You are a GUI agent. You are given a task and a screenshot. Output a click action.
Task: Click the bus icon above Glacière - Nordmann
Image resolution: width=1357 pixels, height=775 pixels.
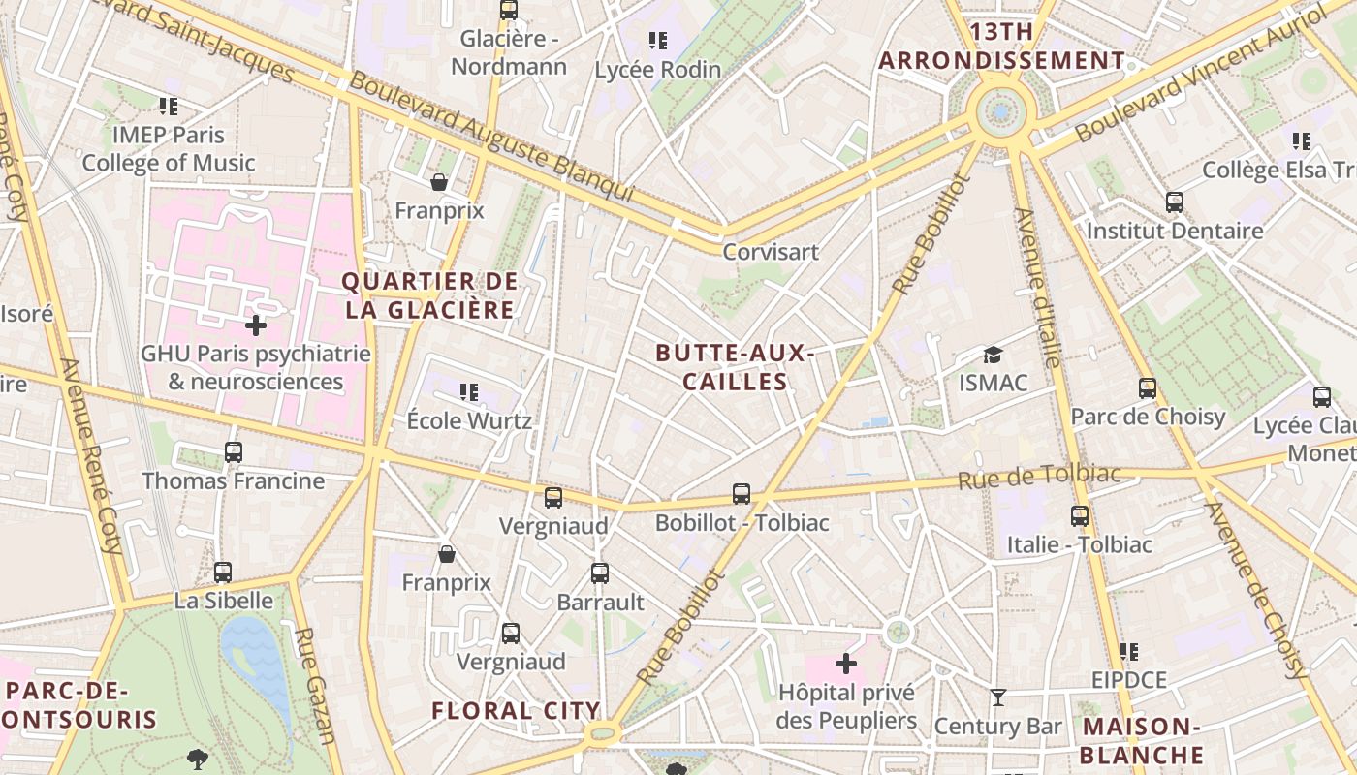(x=509, y=11)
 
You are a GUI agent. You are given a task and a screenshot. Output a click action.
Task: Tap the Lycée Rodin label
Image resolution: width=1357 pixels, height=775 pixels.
(x=657, y=70)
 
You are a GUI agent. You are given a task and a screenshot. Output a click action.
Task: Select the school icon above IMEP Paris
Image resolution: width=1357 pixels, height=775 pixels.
(x=170, y=107)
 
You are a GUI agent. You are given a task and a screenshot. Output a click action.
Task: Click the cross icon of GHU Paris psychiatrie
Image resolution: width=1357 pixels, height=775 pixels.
(x=256, y=325)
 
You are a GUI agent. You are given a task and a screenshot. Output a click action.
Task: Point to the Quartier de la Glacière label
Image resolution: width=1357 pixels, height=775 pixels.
(x=429, y=295)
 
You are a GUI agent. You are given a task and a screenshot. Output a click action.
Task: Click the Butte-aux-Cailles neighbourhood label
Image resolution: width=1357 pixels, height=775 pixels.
(x=735, y=367)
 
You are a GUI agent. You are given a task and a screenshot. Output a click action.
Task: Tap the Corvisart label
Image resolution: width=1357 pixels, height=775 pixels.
(x=771, y=252)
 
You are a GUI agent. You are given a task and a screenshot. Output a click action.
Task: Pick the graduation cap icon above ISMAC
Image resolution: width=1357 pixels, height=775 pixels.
(x=993, y=355)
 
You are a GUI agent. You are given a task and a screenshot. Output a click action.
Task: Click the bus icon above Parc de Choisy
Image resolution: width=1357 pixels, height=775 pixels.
(x=1148, y=388)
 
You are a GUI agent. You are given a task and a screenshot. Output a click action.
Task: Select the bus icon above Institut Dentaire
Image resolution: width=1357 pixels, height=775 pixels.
(x=1175, y=202)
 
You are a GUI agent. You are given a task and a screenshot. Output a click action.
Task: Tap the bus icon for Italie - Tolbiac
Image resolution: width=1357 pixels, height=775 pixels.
(x=1080, y=516)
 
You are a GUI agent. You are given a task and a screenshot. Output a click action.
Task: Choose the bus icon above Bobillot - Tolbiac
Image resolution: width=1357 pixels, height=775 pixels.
(x=742, y=494)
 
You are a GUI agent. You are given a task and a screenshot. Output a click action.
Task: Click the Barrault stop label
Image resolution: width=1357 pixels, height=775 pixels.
(x=600, y=602)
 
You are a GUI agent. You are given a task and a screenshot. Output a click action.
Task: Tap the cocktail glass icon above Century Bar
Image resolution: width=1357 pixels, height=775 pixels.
(x=998, y=697)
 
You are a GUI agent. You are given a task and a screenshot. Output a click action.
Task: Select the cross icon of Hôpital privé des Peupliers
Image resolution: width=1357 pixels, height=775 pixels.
(x=846, y=664)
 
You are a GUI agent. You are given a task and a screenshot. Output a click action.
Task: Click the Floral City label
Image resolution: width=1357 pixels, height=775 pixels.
(x=516, y=710)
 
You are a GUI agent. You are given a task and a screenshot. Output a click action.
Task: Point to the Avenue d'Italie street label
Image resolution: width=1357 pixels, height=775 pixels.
(x=1034, y=287)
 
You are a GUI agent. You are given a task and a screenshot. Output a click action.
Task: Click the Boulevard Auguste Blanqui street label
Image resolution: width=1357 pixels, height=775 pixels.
(x=491, y=137)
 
